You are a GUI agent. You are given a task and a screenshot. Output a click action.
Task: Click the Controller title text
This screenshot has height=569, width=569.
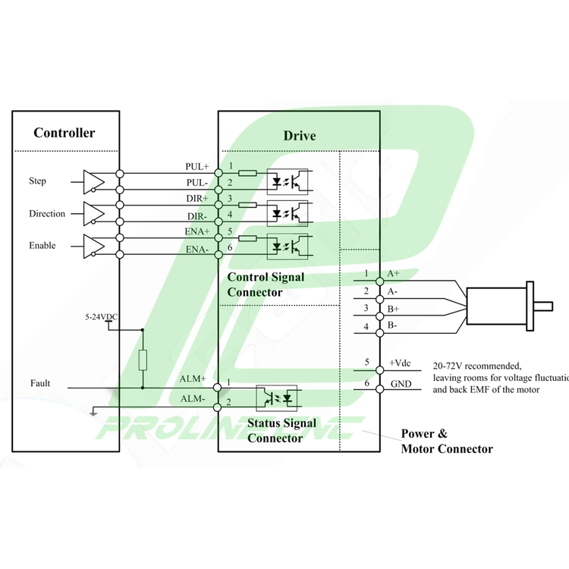64,134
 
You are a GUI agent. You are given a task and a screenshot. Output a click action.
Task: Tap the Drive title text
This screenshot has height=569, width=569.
300,136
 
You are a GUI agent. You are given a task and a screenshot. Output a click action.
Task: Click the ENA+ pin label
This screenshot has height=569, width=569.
197,231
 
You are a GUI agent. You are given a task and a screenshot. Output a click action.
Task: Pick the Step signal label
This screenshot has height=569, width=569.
37,181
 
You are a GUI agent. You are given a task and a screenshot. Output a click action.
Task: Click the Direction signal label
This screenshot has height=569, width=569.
47,214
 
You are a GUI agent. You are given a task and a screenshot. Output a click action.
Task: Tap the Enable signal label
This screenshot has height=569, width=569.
42,246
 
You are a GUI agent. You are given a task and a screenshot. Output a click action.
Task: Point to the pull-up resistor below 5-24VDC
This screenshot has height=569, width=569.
143,359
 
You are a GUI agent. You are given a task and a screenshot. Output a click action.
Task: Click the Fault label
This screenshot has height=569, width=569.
40,384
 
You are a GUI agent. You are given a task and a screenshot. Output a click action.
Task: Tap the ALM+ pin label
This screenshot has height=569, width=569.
193,379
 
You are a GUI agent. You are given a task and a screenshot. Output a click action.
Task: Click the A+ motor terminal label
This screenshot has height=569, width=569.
394,273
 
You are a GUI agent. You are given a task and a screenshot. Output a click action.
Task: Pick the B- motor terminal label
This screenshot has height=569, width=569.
393,325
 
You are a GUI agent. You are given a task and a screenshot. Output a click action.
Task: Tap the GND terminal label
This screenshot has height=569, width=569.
401,385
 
